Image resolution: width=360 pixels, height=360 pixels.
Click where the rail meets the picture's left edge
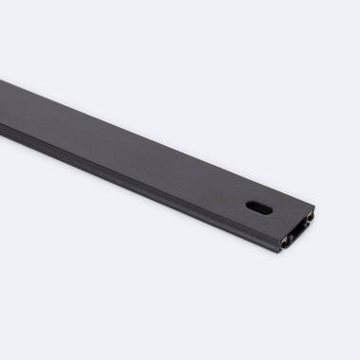[x=2, y=102]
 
